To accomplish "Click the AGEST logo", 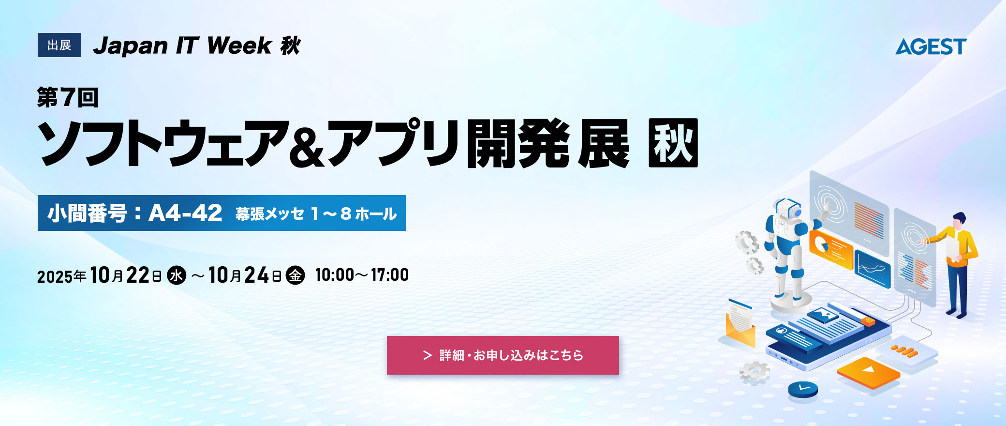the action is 931,46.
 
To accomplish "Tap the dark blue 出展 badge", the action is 59,45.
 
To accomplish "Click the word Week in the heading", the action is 239,46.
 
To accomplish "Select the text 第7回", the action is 68,97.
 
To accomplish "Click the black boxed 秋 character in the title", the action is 673,143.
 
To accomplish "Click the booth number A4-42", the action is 185,213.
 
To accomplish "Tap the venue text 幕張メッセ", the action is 270,213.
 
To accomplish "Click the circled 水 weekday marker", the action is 177,275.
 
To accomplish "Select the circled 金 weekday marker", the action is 295,275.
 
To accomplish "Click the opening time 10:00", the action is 335,275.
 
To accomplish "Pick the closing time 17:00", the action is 390,275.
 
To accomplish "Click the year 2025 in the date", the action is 55,276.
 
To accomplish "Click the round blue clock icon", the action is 803,389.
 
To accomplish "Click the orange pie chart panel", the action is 830,248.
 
